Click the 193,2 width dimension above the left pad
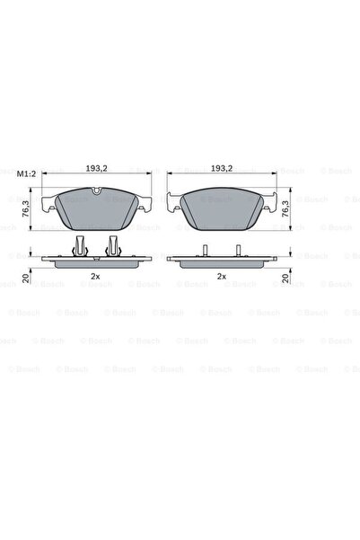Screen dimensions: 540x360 (97, 168)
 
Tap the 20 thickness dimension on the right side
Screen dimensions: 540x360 (286, 279)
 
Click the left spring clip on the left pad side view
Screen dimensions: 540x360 (81, 244)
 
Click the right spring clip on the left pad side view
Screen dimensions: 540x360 (114, 244)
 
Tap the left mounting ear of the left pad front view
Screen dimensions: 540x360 (50, 204)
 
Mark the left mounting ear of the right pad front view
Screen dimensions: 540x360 (176, 204)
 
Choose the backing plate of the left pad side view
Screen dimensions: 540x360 (97, 262)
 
